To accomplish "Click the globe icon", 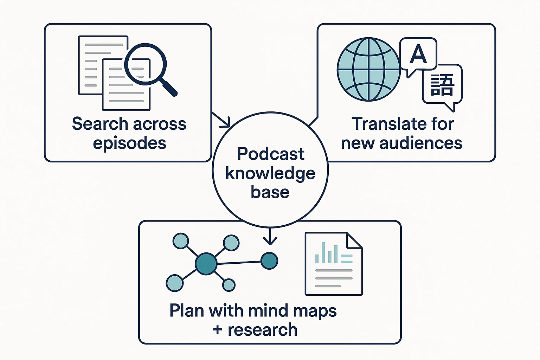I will coord(368,69).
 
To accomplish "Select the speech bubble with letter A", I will coord(418,54).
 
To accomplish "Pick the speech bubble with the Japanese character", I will coord(442,85).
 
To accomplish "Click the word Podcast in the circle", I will coord(270,154).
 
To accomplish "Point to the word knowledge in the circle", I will coord(270,173).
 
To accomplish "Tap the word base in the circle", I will coord(270,192).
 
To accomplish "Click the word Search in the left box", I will coord(100,124).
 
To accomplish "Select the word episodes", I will coord(129,143).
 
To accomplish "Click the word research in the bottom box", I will coord(262,330).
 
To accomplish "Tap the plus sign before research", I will coord(217,330).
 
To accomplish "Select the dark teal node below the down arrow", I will coord(269,261).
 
